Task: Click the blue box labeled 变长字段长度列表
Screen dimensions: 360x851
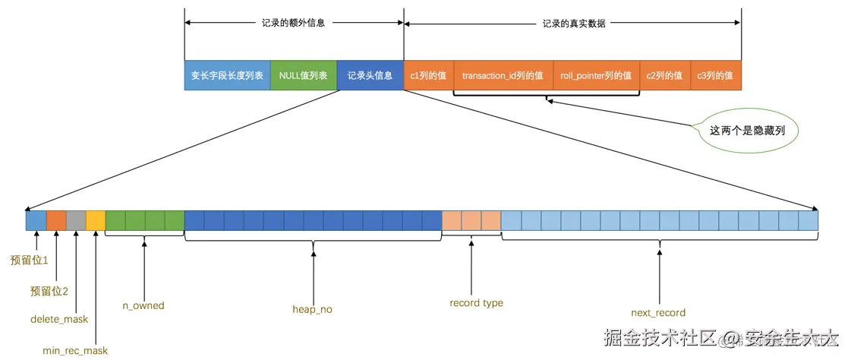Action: coord(227,76)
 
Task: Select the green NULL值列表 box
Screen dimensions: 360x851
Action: coord(303,76)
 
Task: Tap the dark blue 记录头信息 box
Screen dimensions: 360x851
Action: coord(370,76)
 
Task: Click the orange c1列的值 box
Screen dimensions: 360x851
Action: coord(428,76)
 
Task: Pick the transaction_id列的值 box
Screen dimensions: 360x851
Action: coord(503,76)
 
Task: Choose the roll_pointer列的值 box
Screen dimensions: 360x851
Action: coord(596,76)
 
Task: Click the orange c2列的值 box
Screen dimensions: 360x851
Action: coord(664,76)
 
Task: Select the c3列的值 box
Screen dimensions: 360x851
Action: coord(715,76)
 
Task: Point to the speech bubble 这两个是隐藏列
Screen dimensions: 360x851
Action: coord(747,130)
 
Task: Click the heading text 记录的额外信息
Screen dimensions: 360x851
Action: coord(293,24)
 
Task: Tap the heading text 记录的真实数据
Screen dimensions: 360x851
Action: coord(574,24)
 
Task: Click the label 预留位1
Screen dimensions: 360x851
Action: coord(29,260)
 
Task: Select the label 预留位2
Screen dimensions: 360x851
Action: coord(49,291)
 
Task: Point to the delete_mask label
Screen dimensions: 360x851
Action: coord(59,319)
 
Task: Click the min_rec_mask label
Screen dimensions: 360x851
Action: coord(75,350)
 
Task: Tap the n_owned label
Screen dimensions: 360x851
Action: coord(143,305)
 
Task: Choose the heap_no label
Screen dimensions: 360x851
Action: coord(312,309)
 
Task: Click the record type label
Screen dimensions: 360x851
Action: coord(476,303)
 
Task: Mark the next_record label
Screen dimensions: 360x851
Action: coord(658,312)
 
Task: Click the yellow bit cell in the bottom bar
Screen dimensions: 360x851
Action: coord(96,220)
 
